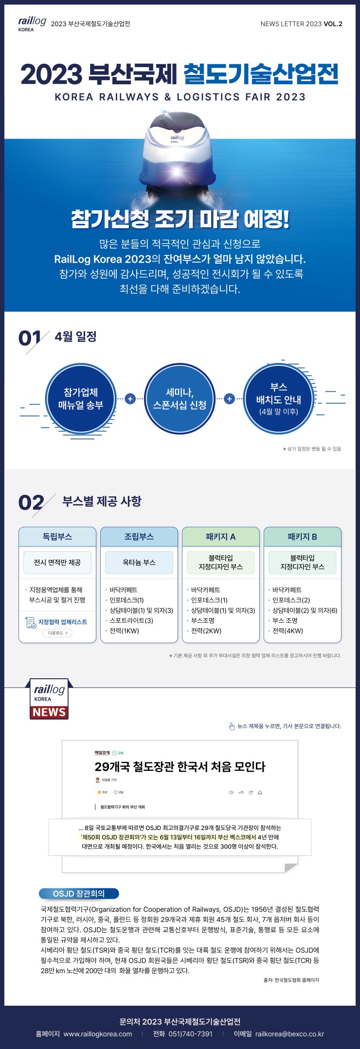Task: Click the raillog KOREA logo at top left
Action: [x=32, y=23]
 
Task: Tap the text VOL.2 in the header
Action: [x=333, y=24]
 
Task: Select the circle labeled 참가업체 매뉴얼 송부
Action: [x=81, y=398]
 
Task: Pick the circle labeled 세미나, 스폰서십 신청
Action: [x=180, y=398]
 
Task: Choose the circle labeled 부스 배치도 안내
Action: [x=279, y=399]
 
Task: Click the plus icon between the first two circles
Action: [x=130, y=399]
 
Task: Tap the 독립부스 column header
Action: [x=57, y=537]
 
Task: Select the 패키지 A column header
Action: [x=220, y=537]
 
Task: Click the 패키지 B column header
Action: [x=302, y=537]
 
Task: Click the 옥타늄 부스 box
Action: [x=139, y=562]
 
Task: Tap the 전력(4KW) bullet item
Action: [x=288, y=631]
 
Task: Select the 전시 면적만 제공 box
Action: [x=57, y=562]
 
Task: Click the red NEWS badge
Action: [x=49, y=712]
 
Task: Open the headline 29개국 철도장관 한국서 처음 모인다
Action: [x=180, y=767]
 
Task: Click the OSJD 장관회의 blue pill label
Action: [x=79, y=893]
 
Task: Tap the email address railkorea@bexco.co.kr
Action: [x=289, y=1034]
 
